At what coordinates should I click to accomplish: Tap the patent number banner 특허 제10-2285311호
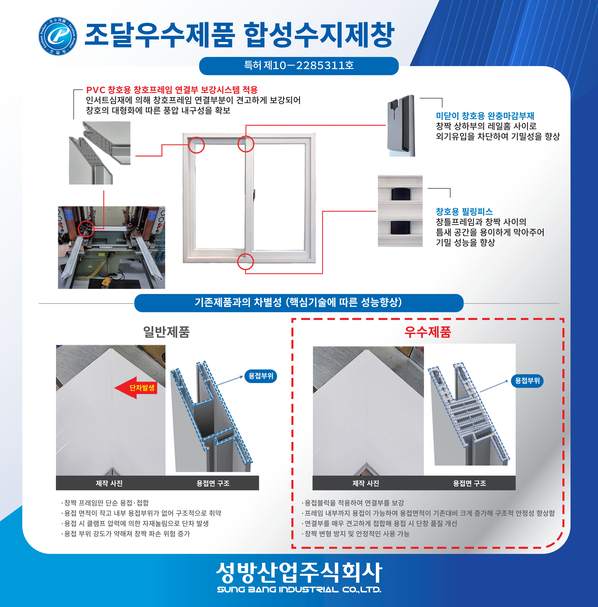click(x=299, y=66)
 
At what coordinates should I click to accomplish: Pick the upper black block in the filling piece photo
click(x=400, y=194)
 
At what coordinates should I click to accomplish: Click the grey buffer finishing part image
click(x=401, y=126)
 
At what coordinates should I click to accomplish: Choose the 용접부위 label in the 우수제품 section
click(x=527, y=381)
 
